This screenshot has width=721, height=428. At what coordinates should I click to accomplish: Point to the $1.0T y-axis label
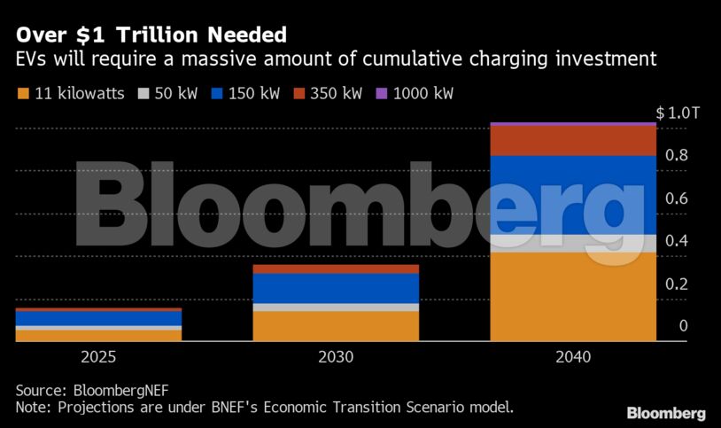(678, 113)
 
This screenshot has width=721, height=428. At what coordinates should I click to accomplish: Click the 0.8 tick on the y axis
(677, 156)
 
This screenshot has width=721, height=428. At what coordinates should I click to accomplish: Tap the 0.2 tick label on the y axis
(677, 284)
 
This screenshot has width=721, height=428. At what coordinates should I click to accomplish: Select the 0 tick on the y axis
(683, 327)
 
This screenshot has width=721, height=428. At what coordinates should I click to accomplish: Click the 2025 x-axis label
(97, 358)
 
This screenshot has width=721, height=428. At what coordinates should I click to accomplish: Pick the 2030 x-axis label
(336, 358)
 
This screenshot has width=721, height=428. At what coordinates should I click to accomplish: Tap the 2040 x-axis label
(573, 358)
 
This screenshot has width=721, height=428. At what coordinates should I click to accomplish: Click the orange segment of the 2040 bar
(573, 297)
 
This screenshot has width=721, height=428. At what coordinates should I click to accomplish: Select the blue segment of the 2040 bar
(573, 195)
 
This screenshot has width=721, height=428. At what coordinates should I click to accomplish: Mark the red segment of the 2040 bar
(573, 141)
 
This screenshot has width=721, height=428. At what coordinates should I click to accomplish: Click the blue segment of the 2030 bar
(336, 288)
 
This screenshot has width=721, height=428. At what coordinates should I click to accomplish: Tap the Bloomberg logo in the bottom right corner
(666, 413)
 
